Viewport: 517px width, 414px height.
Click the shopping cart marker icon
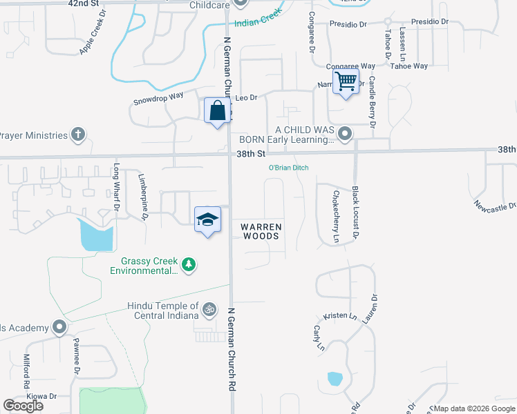[346, 81]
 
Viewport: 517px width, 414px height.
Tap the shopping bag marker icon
[218, 110]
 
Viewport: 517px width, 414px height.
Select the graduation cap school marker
[207, 219]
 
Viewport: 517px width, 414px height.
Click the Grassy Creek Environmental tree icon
[188, 264]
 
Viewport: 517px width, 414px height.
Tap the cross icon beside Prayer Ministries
[79, 135]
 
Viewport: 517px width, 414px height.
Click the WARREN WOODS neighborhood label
[261, 231]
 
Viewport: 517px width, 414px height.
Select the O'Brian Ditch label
[288, 168]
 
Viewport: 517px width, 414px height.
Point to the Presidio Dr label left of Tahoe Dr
[348, 24]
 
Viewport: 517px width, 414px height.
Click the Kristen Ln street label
[344, 316]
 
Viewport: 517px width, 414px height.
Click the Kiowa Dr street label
[41, 397]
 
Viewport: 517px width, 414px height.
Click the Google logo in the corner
[23, 406]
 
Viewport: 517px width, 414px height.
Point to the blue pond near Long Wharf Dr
[97, 235]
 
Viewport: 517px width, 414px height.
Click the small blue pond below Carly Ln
[335, 379]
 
